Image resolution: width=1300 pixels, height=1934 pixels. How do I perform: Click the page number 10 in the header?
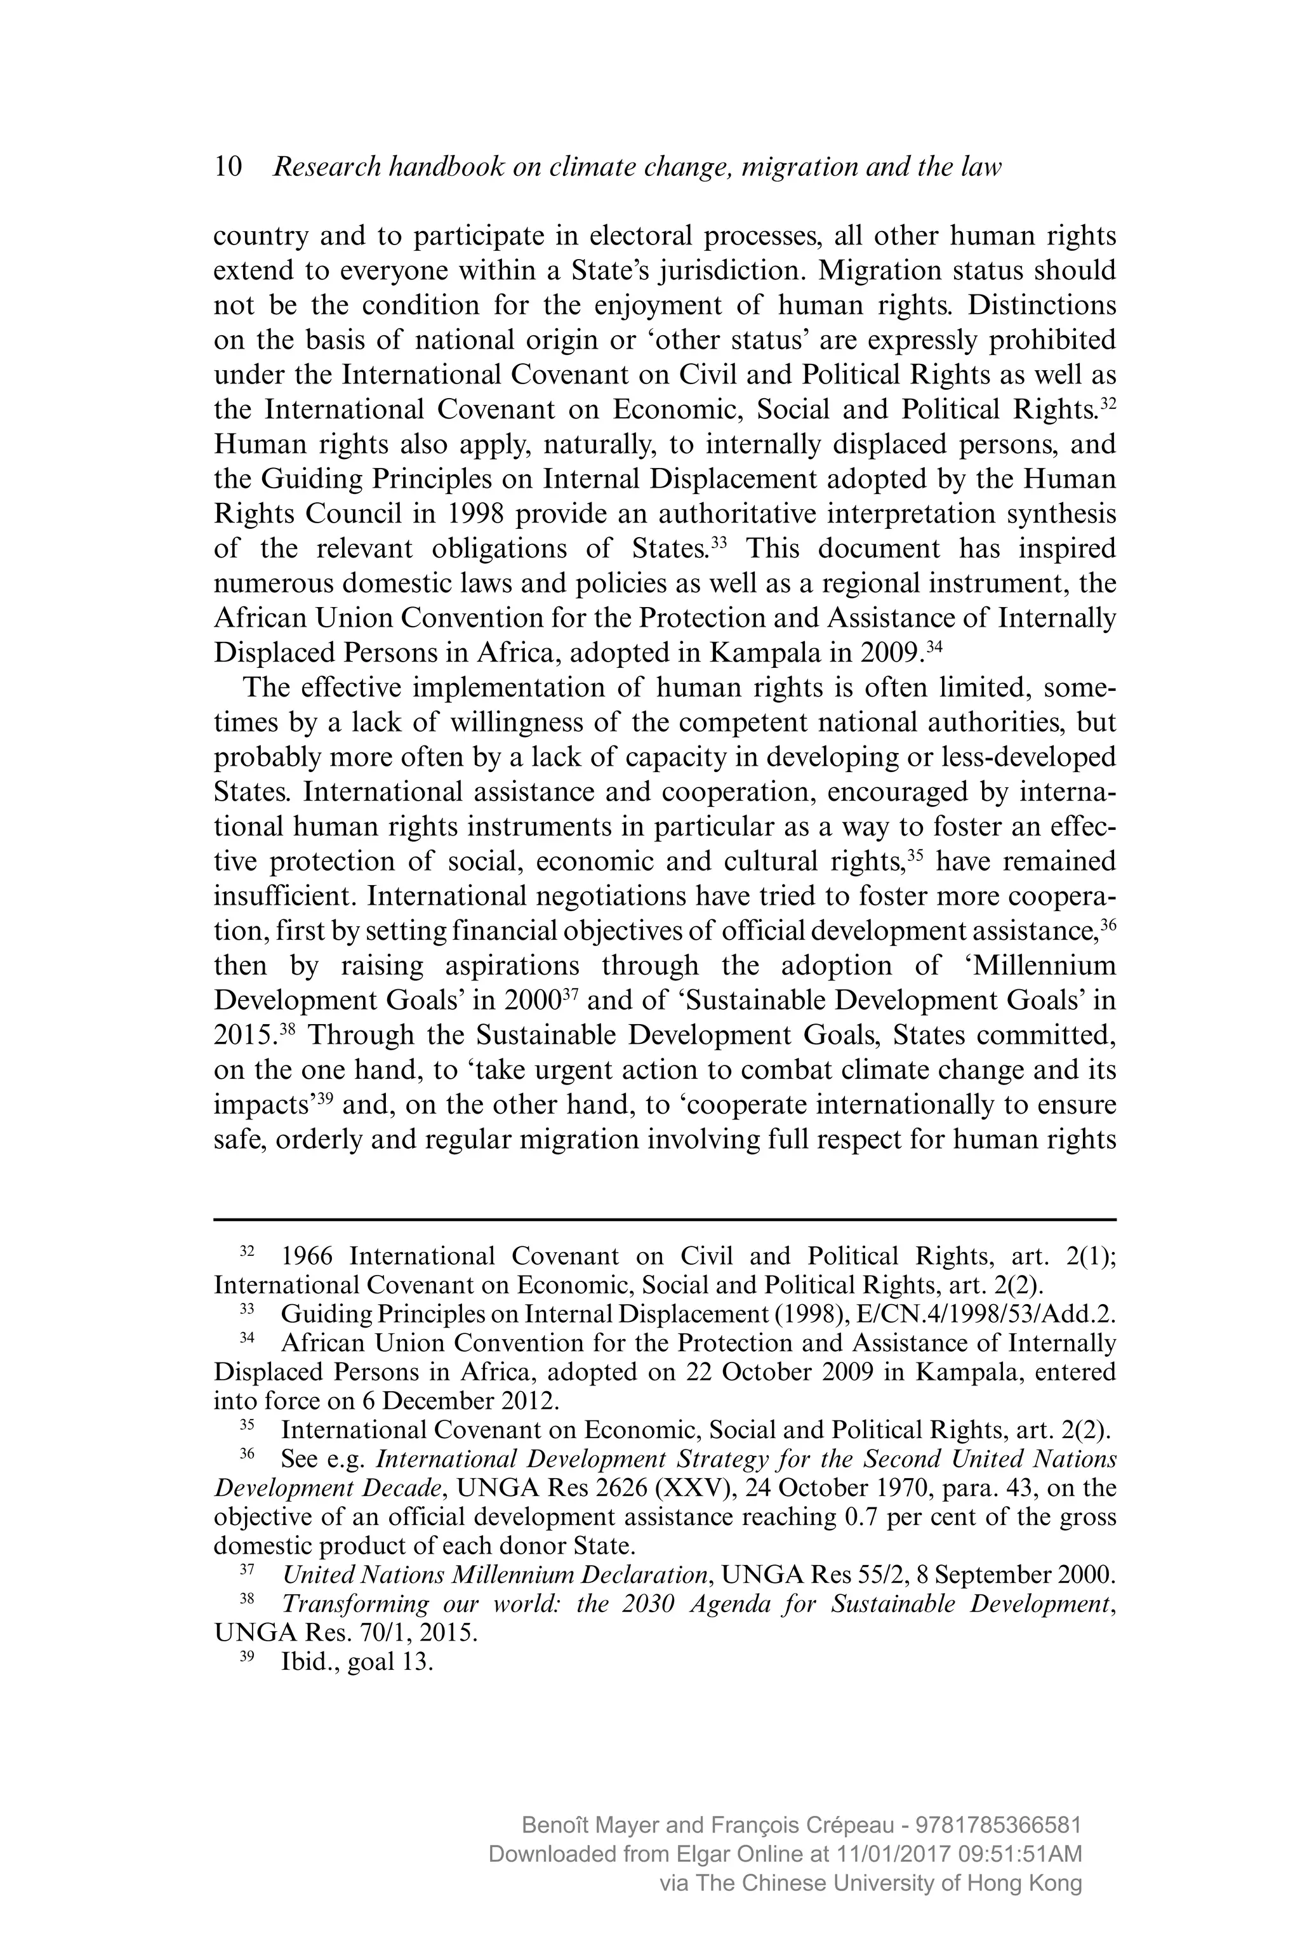tap(228, 167)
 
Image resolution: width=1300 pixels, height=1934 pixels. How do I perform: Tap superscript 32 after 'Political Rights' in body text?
tap(1108, 404)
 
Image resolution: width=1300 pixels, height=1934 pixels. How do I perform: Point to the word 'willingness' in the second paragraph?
tap(519, 723)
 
